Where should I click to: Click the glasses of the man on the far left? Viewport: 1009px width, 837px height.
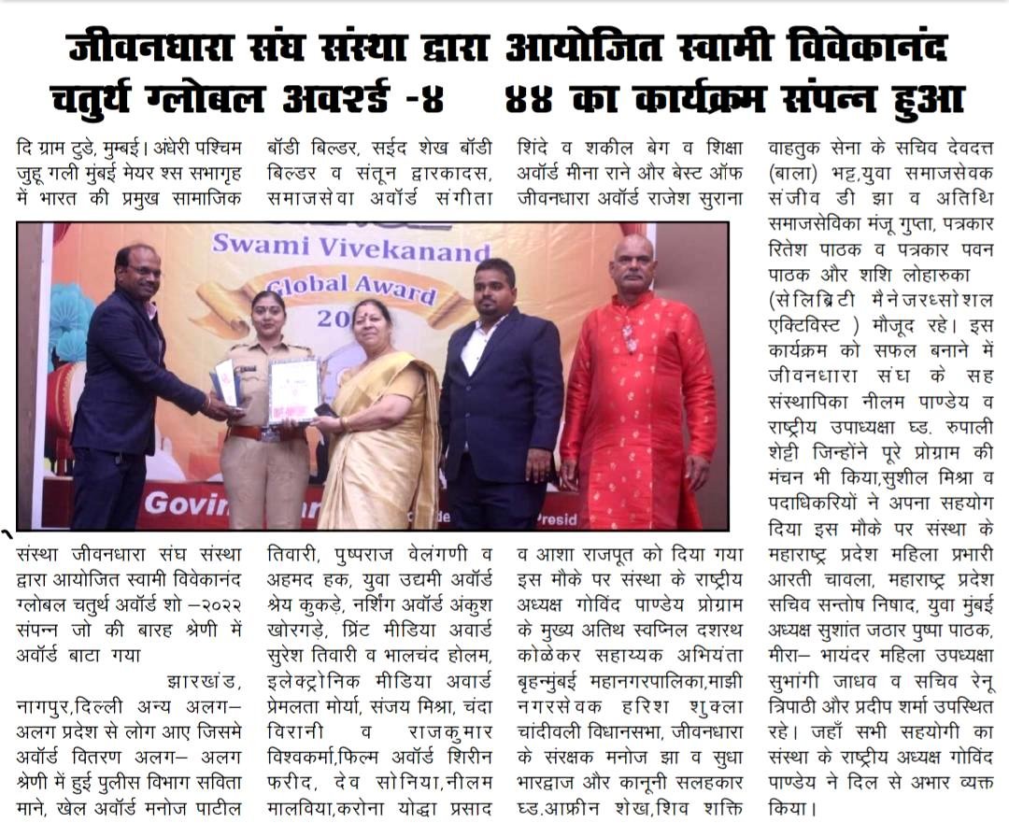click(x=141, y=271)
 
